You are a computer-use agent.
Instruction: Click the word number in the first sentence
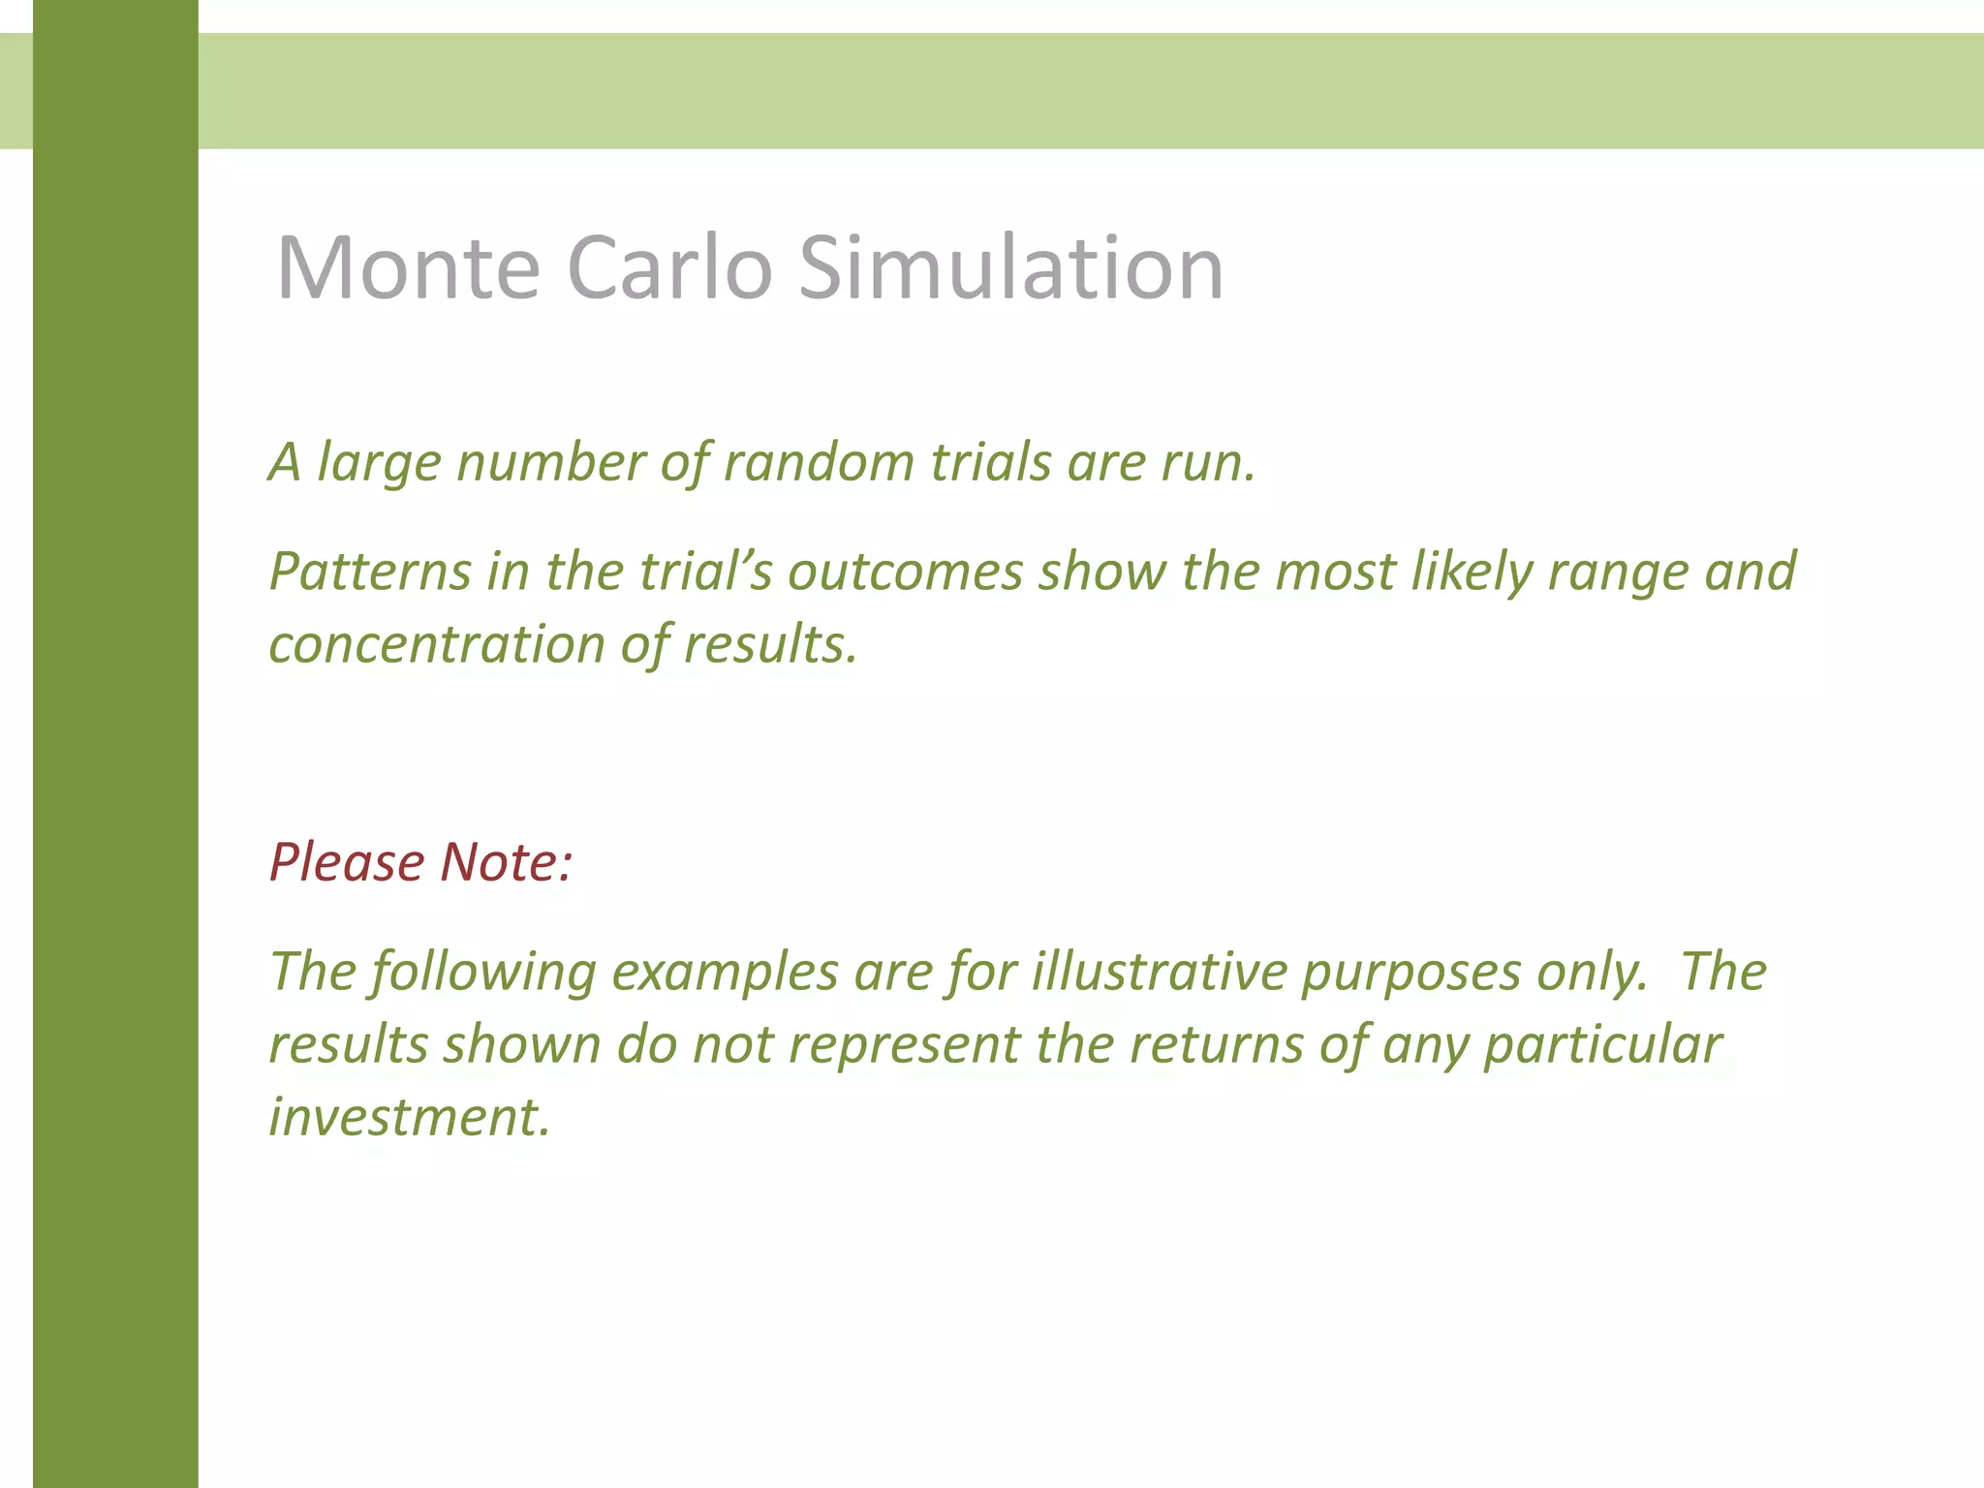tap(550, 462)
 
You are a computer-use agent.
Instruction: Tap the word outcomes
tap(905, 571)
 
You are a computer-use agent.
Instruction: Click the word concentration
tap(437, 644)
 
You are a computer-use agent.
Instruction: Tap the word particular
tap(1602, 1045)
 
